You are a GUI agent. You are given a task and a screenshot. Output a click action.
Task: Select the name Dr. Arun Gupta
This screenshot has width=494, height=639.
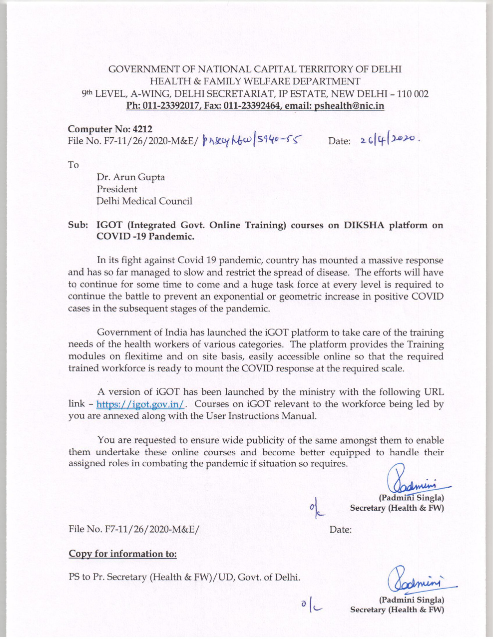pyautogui.click(x=131, y=177)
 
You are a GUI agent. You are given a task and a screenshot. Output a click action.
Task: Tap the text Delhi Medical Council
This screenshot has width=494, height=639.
pyautogui.click(x=144, y=201)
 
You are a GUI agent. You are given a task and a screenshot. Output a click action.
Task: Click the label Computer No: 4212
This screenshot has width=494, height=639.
pyautogui.click(x=110, y=130)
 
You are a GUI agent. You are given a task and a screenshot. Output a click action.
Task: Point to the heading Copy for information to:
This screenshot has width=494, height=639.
pyautogui.click(x=122, y=554)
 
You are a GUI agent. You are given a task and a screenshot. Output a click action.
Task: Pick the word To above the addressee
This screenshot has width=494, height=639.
pyautogui.click(x=73, y=165)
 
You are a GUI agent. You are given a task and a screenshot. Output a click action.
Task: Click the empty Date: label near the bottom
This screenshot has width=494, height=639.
pyautogui.click(x=341, y=529)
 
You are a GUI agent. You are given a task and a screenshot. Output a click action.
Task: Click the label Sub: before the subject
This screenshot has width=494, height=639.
pyautogui.click(x=78, y=225)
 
